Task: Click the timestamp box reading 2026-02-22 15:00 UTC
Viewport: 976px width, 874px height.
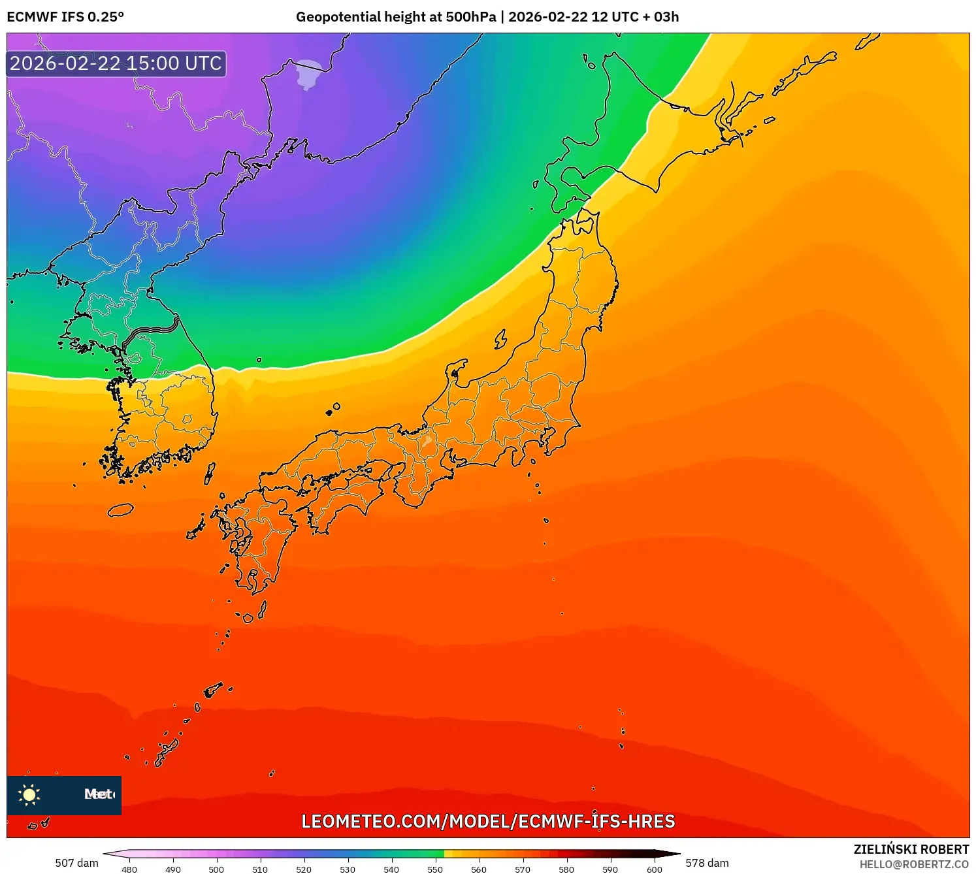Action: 116,64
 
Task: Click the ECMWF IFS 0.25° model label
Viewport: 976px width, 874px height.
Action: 65,17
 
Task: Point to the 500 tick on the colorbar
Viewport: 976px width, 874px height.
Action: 216,869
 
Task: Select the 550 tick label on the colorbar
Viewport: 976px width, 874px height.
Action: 435,869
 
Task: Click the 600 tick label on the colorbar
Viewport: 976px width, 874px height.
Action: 654,869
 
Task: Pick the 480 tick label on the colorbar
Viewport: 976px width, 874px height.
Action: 129,869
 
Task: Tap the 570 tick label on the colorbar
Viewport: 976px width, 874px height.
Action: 523,869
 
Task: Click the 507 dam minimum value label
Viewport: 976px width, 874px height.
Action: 76,863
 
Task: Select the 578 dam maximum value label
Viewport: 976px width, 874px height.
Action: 707,863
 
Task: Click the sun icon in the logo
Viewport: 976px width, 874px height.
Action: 29,794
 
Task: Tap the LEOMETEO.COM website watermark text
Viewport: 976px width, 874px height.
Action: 488,822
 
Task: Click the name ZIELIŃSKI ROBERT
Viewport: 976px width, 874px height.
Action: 911,849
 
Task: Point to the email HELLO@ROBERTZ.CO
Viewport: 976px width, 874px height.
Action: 914,864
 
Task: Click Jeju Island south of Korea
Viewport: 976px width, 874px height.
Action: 120,510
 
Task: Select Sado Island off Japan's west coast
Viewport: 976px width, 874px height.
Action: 500,339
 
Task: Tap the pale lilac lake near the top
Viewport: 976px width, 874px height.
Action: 308,74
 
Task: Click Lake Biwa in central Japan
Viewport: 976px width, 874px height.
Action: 427,441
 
